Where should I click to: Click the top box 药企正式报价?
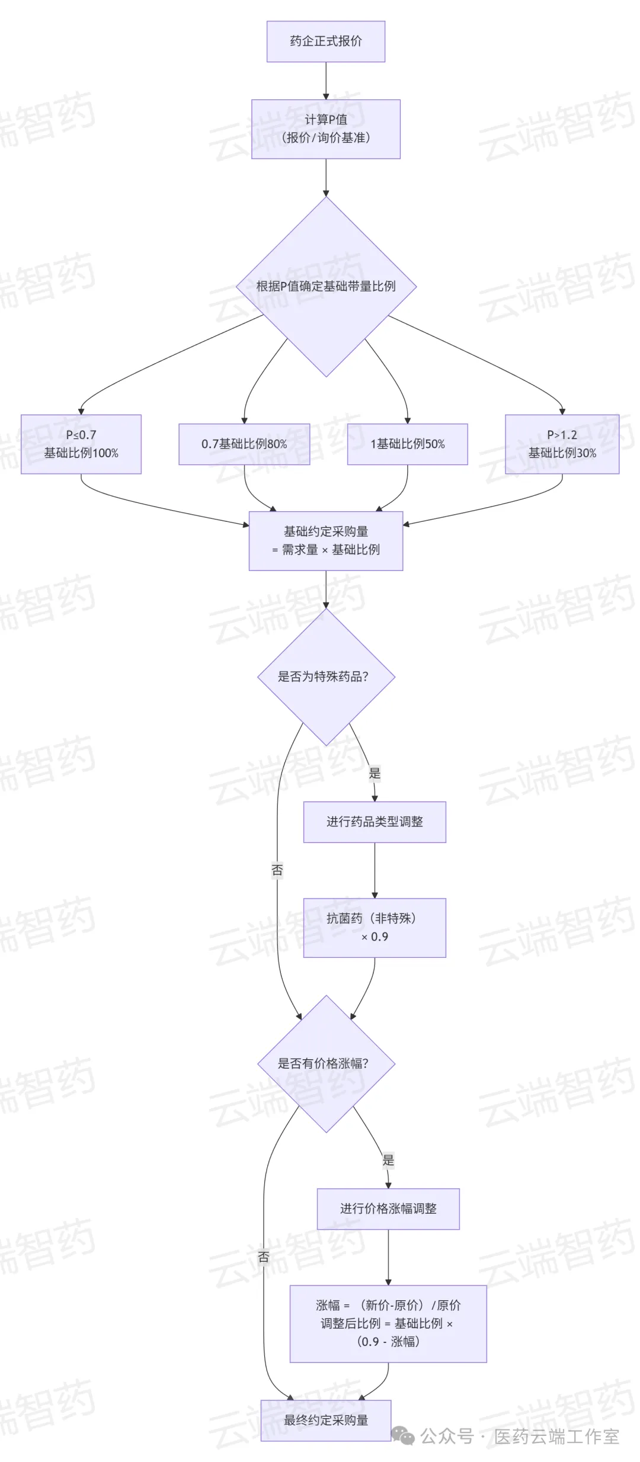[325, 41]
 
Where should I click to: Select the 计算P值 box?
[325, 129]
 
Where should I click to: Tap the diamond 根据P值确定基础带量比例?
[325, 286]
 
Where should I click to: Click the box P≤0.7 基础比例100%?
[81, 444]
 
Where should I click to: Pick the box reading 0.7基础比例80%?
[244, 444]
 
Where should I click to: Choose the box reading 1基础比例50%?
[407, 444]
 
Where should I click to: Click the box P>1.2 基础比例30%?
[562, 444]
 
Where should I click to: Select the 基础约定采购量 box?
[325, 540]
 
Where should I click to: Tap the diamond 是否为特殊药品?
[325, 677]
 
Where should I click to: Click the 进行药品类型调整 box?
[375, 822]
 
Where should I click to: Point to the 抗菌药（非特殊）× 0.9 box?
[375, 927]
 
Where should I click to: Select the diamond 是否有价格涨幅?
[325, 1063]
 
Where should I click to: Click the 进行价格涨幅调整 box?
[388, 1208]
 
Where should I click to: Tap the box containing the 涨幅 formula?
[388, 1323]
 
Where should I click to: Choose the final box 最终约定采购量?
[325, 1420]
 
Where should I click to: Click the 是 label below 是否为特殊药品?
[375, 773]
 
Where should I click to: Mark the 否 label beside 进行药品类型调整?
[277, 870]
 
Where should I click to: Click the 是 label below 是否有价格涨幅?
[388, 1160]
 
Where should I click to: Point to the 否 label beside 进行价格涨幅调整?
[264, 1256]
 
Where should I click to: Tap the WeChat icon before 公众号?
[403, 1436]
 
